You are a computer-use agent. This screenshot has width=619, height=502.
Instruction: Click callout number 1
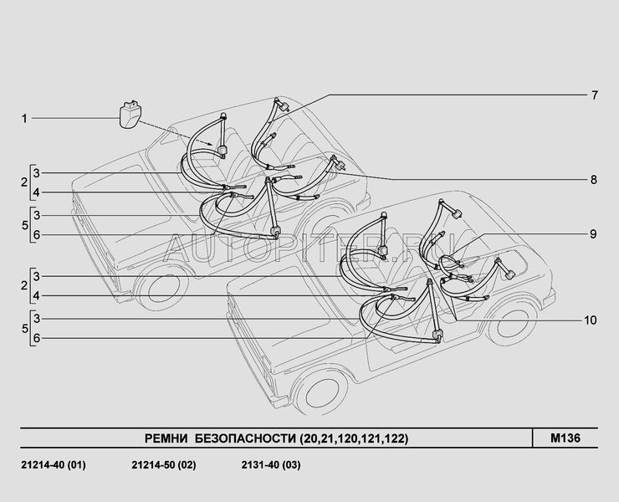pos(24,119)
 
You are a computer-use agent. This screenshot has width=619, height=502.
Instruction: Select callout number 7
pos(595,95)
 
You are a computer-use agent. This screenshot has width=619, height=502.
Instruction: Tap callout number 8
pos(594,180)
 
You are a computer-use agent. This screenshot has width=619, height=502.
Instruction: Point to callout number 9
pos(593,234)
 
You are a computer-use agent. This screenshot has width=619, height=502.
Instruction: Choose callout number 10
pos(591,320)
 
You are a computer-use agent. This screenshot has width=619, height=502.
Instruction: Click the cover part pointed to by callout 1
pos(130,115)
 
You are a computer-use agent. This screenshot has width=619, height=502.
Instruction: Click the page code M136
pos(565,438)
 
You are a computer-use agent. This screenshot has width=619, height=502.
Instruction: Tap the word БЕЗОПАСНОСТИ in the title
pos(246,438)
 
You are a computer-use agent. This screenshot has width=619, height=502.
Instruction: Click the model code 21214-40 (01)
pos(54,465)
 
